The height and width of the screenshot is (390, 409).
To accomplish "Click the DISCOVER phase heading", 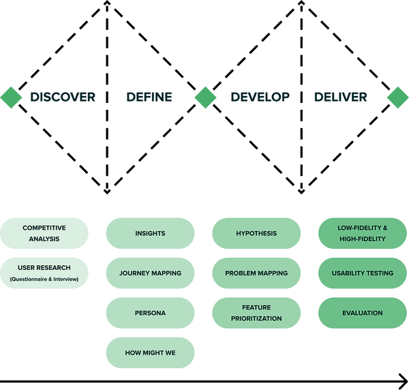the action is (63, 97).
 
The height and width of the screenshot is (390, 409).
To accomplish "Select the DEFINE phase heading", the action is (149, 97).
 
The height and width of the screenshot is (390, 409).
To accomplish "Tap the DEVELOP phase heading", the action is (260, 97).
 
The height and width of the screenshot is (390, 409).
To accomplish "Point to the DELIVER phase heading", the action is (340, 97).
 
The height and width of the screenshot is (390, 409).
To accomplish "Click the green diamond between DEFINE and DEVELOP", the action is (205, 97).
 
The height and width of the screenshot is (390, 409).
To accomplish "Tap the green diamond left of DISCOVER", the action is (11, 97).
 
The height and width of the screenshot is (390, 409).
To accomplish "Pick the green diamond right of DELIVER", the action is (398, 97).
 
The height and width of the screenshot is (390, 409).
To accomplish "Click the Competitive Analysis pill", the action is (44, 233).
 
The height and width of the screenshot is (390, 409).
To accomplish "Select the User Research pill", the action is (44, 273).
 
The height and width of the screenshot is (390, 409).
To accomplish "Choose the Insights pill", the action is (150, 233).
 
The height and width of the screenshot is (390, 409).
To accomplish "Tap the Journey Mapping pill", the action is (150, 273).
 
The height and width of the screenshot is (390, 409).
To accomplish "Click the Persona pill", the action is (150, 313).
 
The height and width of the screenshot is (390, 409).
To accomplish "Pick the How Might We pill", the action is (150, 352).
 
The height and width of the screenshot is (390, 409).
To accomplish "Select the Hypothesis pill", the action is (256, 233).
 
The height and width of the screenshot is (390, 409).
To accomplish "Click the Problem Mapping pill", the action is (256, 273).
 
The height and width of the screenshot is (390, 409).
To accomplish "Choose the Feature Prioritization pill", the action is (256, 313).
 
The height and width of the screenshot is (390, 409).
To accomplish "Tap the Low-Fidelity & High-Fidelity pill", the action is (363, 233).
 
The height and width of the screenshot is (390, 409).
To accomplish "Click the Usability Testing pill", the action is (363, 273).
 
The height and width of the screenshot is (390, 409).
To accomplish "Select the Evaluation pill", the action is (363, 313).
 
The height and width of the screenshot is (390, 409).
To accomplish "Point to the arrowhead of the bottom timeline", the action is (407, 382).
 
